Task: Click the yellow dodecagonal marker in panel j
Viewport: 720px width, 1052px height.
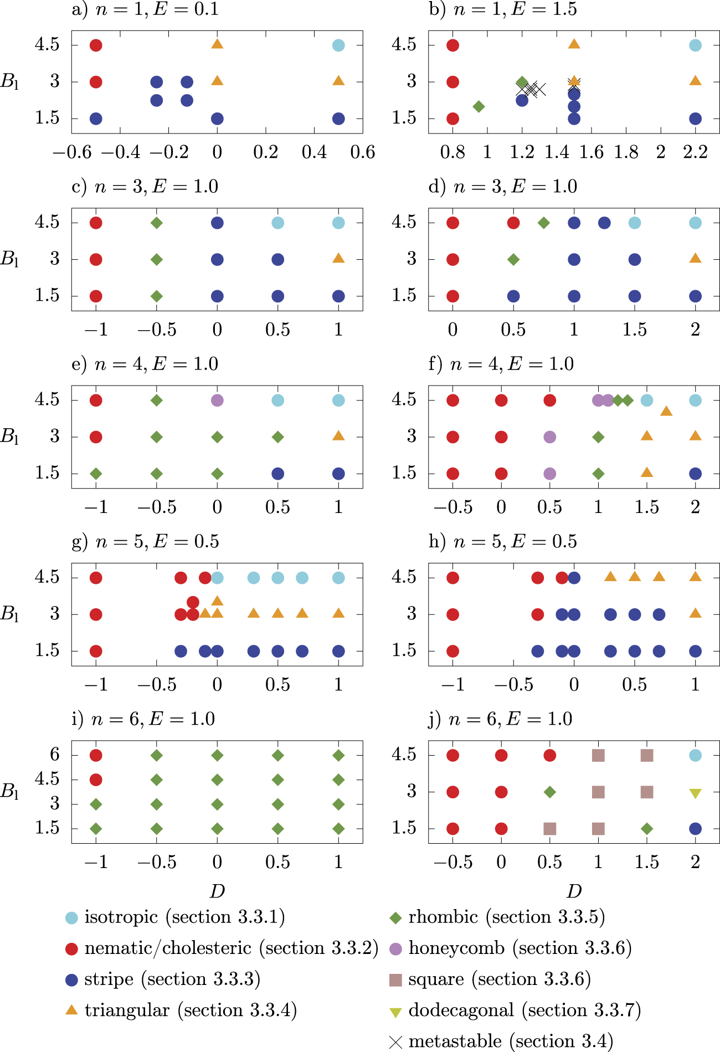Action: [x=695, y=793]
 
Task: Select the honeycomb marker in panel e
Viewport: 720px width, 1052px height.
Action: [x=217, y=400]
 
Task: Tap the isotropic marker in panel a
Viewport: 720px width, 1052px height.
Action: [x=338, y=45]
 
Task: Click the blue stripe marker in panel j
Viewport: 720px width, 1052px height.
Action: [x=695, y=829]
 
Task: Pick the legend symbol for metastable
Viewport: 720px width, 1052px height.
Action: [x=395, y=1042]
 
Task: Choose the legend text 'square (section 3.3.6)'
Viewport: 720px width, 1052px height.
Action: [x=499, y=979]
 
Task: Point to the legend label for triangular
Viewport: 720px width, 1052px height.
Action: [x=191, y=1010]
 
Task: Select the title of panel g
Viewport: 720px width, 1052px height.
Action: [x=145, y=541]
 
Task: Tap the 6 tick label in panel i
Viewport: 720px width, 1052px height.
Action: [x=54, y=755]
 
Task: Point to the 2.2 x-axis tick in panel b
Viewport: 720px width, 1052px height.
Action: [x=695, y=152]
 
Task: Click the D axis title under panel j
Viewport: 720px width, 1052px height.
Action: [x=574, y=891]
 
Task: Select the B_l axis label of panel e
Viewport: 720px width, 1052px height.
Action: [x=9, y=437]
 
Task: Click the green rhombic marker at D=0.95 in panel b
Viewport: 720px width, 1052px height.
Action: [x=479, y=106]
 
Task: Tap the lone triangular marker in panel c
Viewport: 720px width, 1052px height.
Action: [x=338, y=258]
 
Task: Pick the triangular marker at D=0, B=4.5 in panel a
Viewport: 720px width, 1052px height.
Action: [x=217, y=44]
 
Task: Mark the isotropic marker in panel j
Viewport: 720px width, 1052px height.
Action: [x=695, y=756]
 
